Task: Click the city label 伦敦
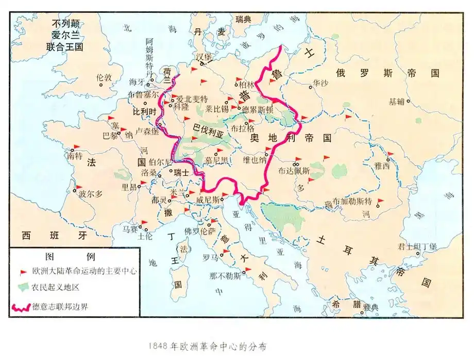(104, 77)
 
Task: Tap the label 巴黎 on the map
(110, 136)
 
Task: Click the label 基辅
(397, 102)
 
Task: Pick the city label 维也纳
(255, 159)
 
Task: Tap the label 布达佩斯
(294, 171)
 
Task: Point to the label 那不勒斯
(225, 275)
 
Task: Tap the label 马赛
(129, 228)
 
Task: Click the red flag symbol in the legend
(23, 271)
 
